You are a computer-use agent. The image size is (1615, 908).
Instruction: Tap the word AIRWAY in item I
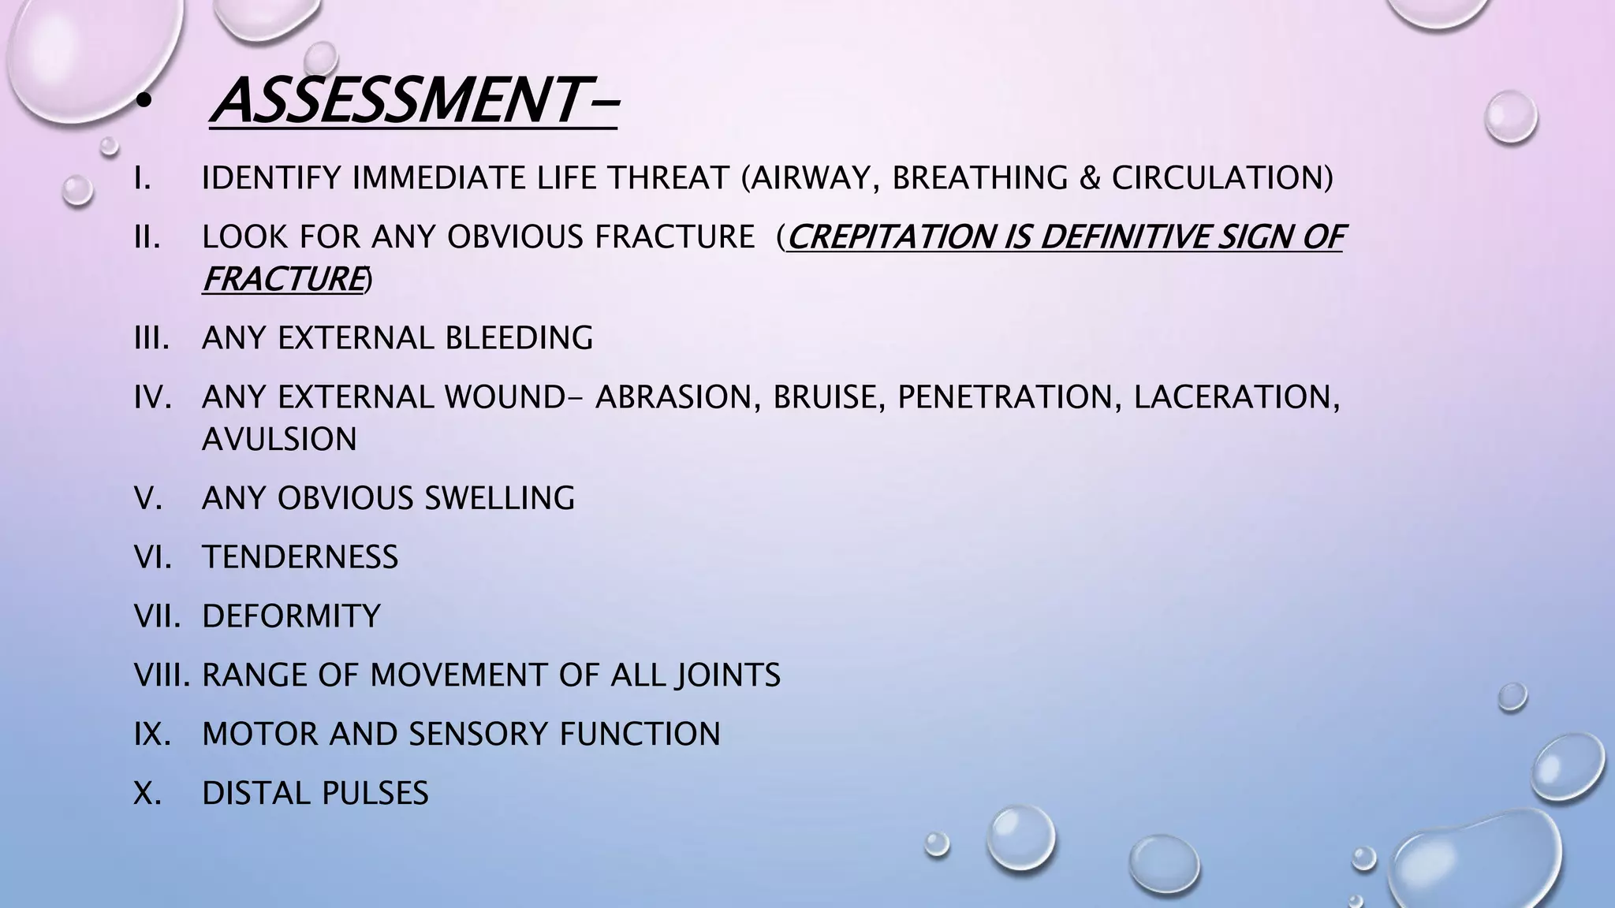811,178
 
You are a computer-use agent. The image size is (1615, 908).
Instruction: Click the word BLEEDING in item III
519,338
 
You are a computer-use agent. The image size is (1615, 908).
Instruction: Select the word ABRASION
677,396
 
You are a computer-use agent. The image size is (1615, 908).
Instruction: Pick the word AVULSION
279,439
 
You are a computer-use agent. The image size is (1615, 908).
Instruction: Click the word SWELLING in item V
500,498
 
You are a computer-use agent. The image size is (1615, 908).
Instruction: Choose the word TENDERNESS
300,557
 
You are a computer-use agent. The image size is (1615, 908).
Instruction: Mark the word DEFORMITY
291,616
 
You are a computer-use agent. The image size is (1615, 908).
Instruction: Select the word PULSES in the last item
374,793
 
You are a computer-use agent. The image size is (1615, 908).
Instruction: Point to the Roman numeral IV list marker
153,396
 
